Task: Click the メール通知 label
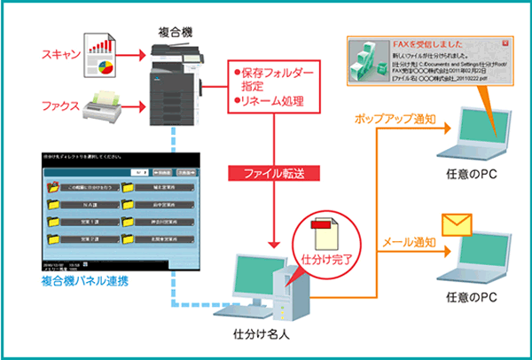[407, 240]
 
